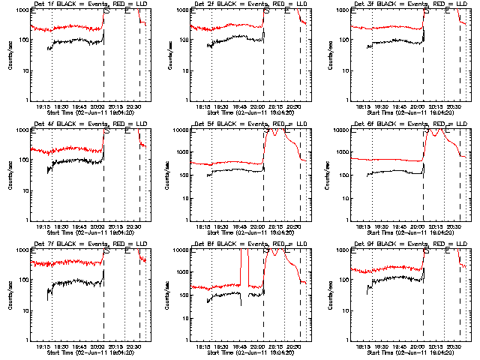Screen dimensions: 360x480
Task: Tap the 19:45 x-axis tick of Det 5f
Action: coord(239,226)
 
